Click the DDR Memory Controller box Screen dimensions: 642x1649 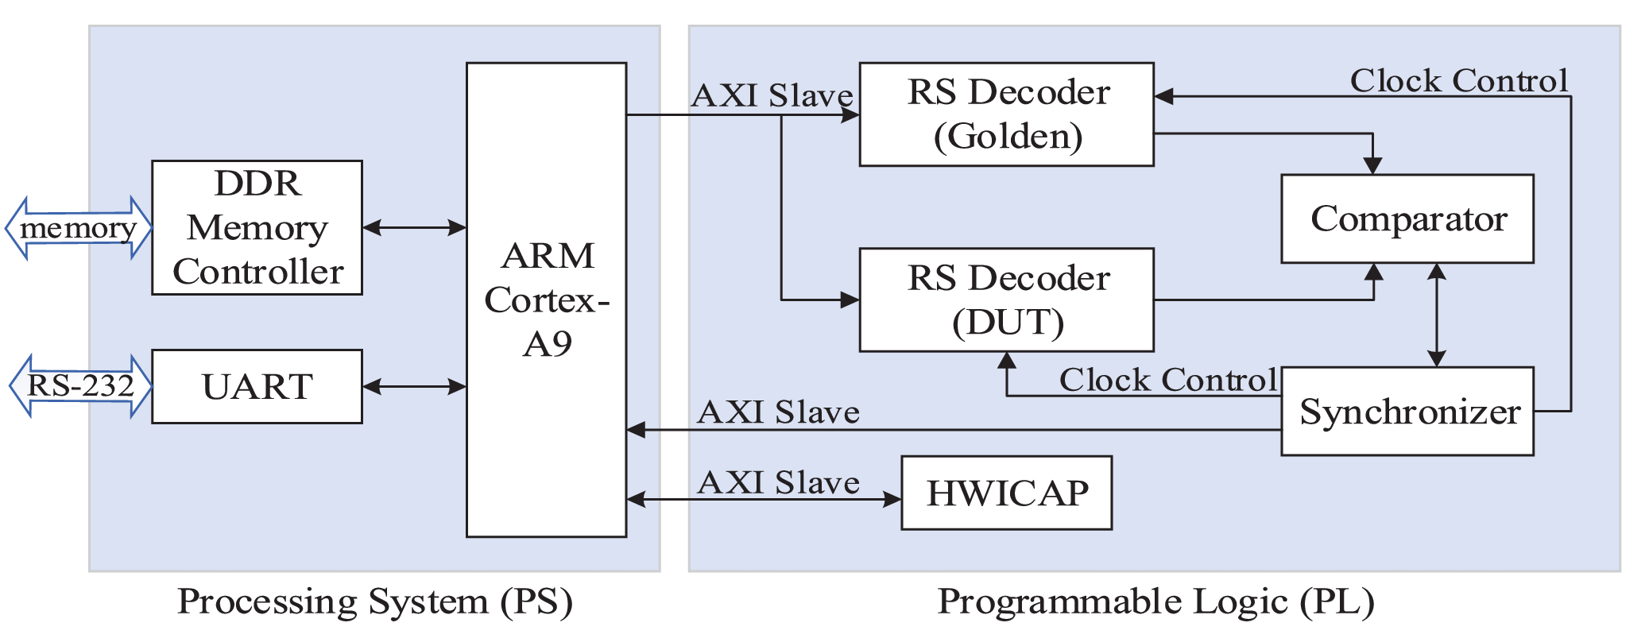(257, 228)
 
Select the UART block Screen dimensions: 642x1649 (257, 386)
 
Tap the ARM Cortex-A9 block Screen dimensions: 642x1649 (546, 300)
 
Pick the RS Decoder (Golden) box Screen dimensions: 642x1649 (1006, 114)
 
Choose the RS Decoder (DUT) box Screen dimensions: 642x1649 (1006, 300)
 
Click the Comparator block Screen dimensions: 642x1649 (1407, 219)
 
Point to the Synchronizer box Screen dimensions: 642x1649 (1407, 411)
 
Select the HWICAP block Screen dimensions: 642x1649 (1006, 493)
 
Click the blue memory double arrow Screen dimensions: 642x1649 (78, 228)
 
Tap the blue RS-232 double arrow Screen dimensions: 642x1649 (80, 386)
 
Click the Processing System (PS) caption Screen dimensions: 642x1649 (374, 601)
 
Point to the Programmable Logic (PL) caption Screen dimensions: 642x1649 (1155, 601)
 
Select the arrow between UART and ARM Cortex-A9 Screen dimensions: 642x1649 (414, 387)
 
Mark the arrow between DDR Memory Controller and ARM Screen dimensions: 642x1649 (414, 228)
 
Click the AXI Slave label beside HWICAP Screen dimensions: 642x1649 (778, 482)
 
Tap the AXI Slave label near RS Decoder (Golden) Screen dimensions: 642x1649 (772, 95)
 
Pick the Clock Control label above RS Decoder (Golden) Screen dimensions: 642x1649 (1458, 80)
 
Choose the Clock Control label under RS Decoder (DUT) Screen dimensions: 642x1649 (1167, 380)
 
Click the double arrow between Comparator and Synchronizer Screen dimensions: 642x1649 (1436, 315)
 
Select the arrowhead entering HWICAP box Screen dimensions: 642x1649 (893, 500)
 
